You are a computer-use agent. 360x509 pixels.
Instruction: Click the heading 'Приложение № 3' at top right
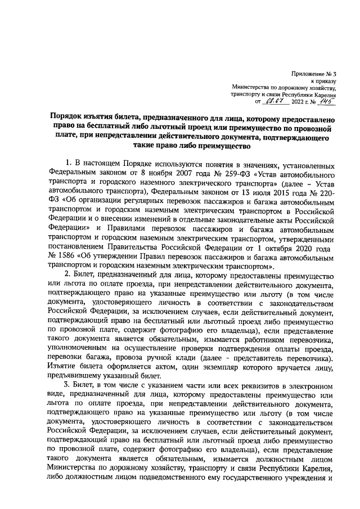click(314, 74)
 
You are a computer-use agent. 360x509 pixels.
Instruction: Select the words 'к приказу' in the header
click(323, 81)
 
